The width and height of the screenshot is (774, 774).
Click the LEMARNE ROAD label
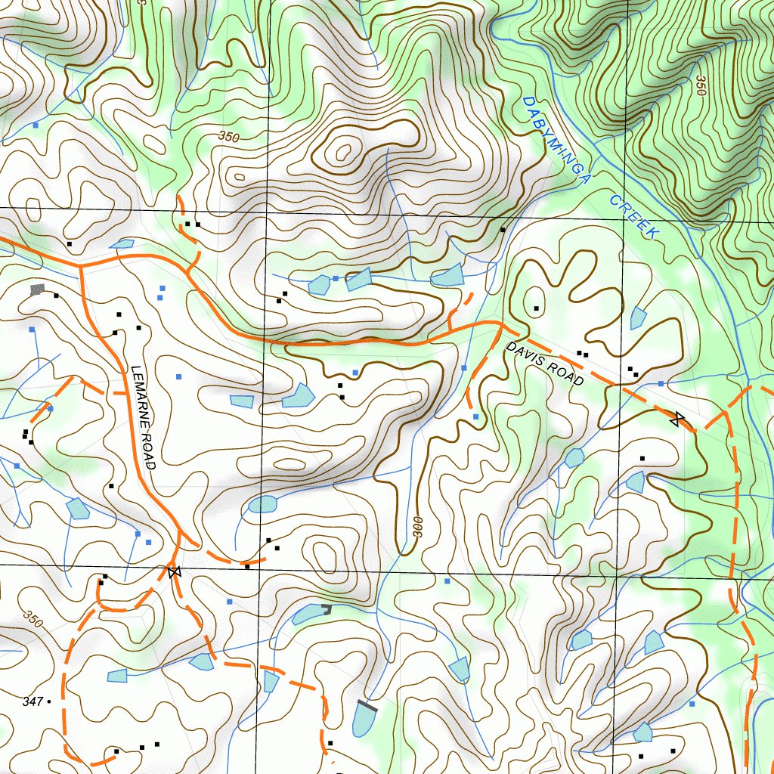click(142, 417)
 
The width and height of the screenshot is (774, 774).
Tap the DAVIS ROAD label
click(545, 364)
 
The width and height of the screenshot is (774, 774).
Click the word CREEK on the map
click(634, 217)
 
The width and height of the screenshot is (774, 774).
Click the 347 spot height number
click(32, 702)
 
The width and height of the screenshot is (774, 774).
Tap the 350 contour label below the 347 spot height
click(33, 619)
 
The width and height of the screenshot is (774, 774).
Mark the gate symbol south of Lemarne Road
click(175, 572)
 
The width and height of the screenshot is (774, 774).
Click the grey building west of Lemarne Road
click(37, 289)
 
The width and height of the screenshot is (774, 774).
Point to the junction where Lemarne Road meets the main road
click(81, 266)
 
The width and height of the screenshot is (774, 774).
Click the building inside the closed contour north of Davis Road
click(536, 308)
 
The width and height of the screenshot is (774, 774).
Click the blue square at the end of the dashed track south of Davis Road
click(475, 416)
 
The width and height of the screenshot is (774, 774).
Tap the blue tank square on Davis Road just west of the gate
click(661, 384)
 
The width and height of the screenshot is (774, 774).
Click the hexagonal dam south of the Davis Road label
click(574, 457)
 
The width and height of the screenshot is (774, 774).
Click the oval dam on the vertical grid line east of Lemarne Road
click(262, 504)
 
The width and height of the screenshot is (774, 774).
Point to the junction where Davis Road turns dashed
click(501, 324)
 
